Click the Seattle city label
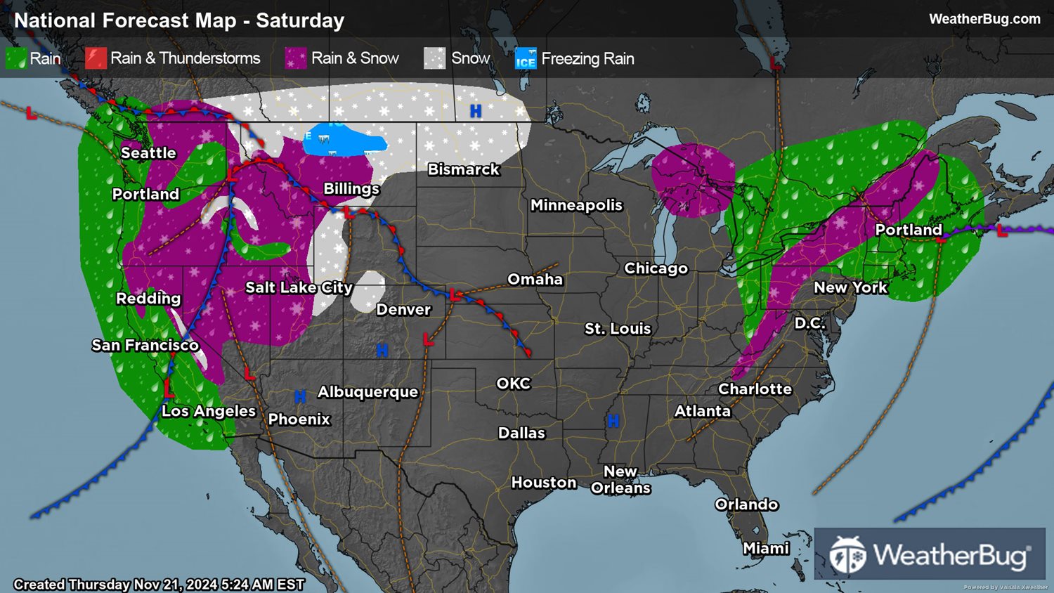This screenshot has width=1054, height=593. tap(148, 153)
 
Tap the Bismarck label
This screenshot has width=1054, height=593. tap(464, 169)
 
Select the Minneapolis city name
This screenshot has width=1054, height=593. tap(576, 205)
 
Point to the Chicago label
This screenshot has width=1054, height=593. tap(656, 268)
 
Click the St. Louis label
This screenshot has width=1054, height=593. tap(618, 329)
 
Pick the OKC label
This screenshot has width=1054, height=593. tap(514, 384)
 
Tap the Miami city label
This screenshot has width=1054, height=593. tap(766, 548)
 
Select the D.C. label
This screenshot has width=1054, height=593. tap(809, 323)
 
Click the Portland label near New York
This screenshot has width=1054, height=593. tap(908, 230)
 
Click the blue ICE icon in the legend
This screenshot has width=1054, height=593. tap(526, 58)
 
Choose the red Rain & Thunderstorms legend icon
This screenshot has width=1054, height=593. tap(96, 58)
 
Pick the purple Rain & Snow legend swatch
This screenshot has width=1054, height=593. tap(296, 58)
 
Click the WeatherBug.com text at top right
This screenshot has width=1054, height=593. tap(984, 19)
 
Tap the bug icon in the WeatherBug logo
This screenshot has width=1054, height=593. tap(847, 555)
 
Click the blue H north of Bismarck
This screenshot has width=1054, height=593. tap(476, 111)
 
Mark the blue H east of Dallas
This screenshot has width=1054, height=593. tap(613, 421)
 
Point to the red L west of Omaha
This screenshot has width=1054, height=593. tap(455, 295)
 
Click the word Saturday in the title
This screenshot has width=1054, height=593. tap(300, 20)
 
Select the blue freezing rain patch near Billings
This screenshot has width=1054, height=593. tap(344, 141)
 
